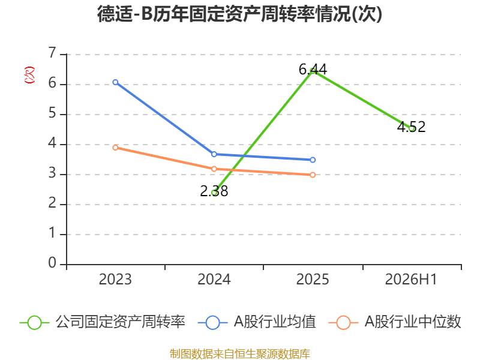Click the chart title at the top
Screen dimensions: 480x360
click(x=239, y=14)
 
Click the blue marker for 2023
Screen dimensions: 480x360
click(x=115, y=82)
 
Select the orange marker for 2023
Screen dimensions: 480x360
click(x=115, y=148)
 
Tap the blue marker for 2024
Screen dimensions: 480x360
click(x=214, y=154)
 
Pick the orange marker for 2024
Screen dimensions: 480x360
click(x=214, y=169)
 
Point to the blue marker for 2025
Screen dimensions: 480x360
click(x=313, y=160)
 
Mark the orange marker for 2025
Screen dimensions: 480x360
click(x=313, y=175)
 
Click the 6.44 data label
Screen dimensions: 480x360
click(x=313, y=70)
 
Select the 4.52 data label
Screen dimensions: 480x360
click(x=411, y=127)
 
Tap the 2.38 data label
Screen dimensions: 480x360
click(x=214, y=191)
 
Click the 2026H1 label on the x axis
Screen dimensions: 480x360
click(x=411, y=280)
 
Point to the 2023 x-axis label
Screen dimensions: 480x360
click(x=115, y=280)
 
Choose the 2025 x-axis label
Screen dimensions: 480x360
click(x=313, y=280)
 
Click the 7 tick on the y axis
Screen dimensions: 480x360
click(x=52, y=53)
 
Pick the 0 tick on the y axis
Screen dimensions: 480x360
click(x=52, y=263)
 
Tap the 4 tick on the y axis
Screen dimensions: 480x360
click(x=52, y=143)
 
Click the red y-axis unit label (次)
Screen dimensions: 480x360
click(x=29, y=75)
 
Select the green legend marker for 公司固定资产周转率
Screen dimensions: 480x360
click(x=34, y=323)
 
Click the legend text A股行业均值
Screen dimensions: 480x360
click(x=275, y=322)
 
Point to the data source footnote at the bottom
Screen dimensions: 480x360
click(x=240, y=354)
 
